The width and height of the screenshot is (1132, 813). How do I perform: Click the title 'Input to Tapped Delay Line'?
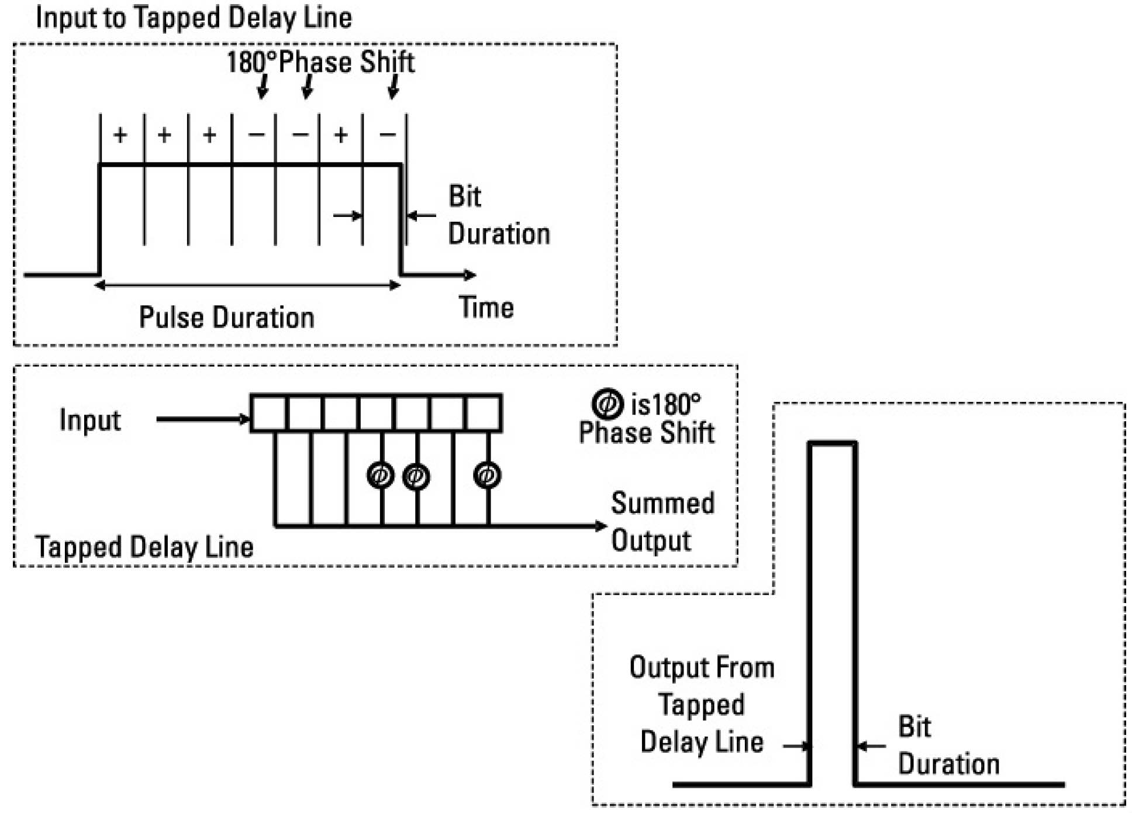point(194,18)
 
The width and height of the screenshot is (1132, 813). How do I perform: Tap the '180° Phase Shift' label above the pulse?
point(320,62)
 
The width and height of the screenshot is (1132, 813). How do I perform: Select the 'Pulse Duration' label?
point(226,318)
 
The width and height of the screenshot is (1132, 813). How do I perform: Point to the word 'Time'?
point(486,308)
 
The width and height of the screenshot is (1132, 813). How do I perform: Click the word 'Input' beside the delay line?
point(90,420)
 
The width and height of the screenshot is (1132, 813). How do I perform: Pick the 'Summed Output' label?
point(662,521)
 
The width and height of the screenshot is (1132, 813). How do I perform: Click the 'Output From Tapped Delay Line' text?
point(702,705)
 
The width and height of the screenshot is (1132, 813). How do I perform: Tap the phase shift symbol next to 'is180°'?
point(608,404)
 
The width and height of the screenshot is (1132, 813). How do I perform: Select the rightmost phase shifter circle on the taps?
point(487,475)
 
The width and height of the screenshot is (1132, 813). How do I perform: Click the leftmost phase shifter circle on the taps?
point(381,475)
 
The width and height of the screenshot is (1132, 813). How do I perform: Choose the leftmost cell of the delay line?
point(269,413)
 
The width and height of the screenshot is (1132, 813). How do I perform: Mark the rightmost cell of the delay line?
point(484,413)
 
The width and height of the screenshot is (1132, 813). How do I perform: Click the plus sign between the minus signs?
point(341,135)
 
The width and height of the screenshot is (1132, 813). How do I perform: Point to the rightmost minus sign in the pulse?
point(387,135)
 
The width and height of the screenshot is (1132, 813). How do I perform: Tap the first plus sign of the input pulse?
point(120,135)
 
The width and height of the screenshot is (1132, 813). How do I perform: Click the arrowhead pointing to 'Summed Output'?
point(600,526)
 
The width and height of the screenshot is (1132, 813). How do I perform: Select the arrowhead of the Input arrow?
point(244,419)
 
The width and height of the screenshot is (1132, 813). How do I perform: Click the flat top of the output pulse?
point(832,444)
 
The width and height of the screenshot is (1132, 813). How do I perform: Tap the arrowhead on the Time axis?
point(470,274)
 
